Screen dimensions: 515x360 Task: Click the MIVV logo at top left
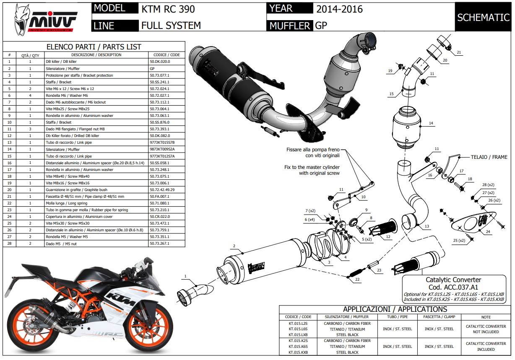[45, 20]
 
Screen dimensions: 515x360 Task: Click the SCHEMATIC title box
[483, 17]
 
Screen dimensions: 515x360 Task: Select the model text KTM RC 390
[168, 9]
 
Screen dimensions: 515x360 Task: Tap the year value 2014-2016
[339, 9]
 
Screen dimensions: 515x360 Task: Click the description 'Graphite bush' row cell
[96, 190]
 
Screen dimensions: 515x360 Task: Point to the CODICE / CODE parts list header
[166, 55]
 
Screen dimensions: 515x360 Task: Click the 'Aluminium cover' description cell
[96, 217]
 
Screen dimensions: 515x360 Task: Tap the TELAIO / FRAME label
[489, 157]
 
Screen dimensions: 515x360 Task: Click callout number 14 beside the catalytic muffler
[431, 123]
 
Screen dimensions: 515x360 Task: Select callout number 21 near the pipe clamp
[459, 52]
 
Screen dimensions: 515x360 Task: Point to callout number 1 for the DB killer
[185, 276]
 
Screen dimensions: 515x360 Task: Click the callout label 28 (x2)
[488, 185]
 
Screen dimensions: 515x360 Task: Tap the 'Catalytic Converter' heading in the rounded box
[453, 280]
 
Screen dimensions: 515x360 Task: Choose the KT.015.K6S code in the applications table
[298, 347]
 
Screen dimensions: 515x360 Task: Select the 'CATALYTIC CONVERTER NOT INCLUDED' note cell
[486, 329]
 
